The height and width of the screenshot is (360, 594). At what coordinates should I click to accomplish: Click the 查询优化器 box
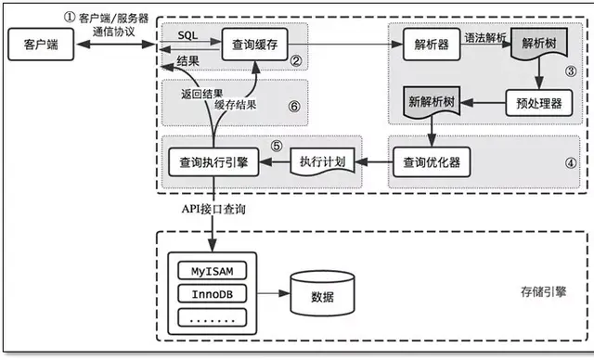point(431,162)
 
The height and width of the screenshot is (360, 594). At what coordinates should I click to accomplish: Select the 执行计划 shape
point(323,162)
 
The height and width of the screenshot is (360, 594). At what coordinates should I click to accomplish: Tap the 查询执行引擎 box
point(213,162)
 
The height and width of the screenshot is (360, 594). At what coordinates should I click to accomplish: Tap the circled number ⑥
point(294,107)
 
